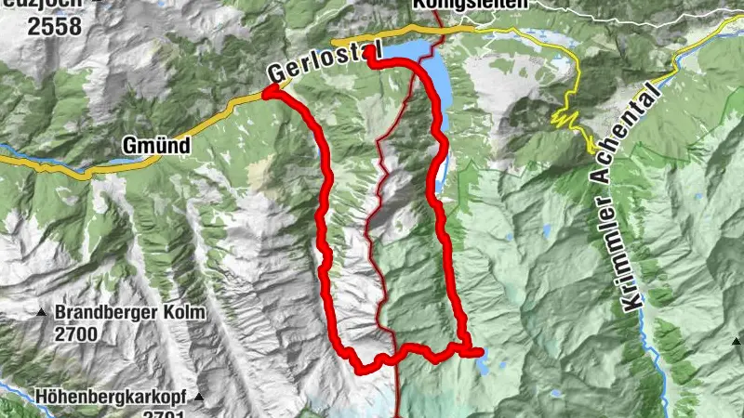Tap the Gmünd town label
point(156,146)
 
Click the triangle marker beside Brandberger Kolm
point(41,313)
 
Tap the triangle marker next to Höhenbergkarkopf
point(198,398)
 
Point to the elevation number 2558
point(60,26)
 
